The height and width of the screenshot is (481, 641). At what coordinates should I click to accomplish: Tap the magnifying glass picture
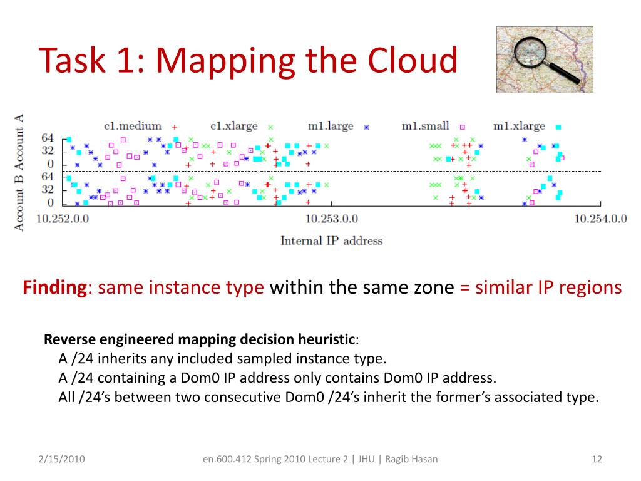point(545,59)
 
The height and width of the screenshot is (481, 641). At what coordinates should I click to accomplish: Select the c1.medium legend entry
point(133,126)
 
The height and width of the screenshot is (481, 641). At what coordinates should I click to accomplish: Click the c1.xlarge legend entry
point(234,126)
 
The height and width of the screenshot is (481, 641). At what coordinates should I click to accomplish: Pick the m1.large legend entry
point(331,126)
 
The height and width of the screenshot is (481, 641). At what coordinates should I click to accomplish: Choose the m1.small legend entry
point(425,126)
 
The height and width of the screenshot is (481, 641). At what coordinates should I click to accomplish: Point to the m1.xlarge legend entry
point(519,126)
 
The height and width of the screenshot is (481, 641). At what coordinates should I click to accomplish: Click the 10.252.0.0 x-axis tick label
point(63,218)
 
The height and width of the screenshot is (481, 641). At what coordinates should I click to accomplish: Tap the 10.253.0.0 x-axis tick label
point(331,218)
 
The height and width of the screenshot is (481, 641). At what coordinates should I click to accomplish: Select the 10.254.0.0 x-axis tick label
point(600,218)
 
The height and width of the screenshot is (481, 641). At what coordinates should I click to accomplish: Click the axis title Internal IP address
point(331,240)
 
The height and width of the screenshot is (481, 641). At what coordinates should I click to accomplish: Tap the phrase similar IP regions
point(548,287)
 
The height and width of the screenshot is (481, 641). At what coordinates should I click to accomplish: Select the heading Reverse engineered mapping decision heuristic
point(200,339)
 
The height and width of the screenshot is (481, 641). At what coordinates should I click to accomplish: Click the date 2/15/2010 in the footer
point(60,459)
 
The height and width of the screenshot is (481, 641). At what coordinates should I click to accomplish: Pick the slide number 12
point(596,459)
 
